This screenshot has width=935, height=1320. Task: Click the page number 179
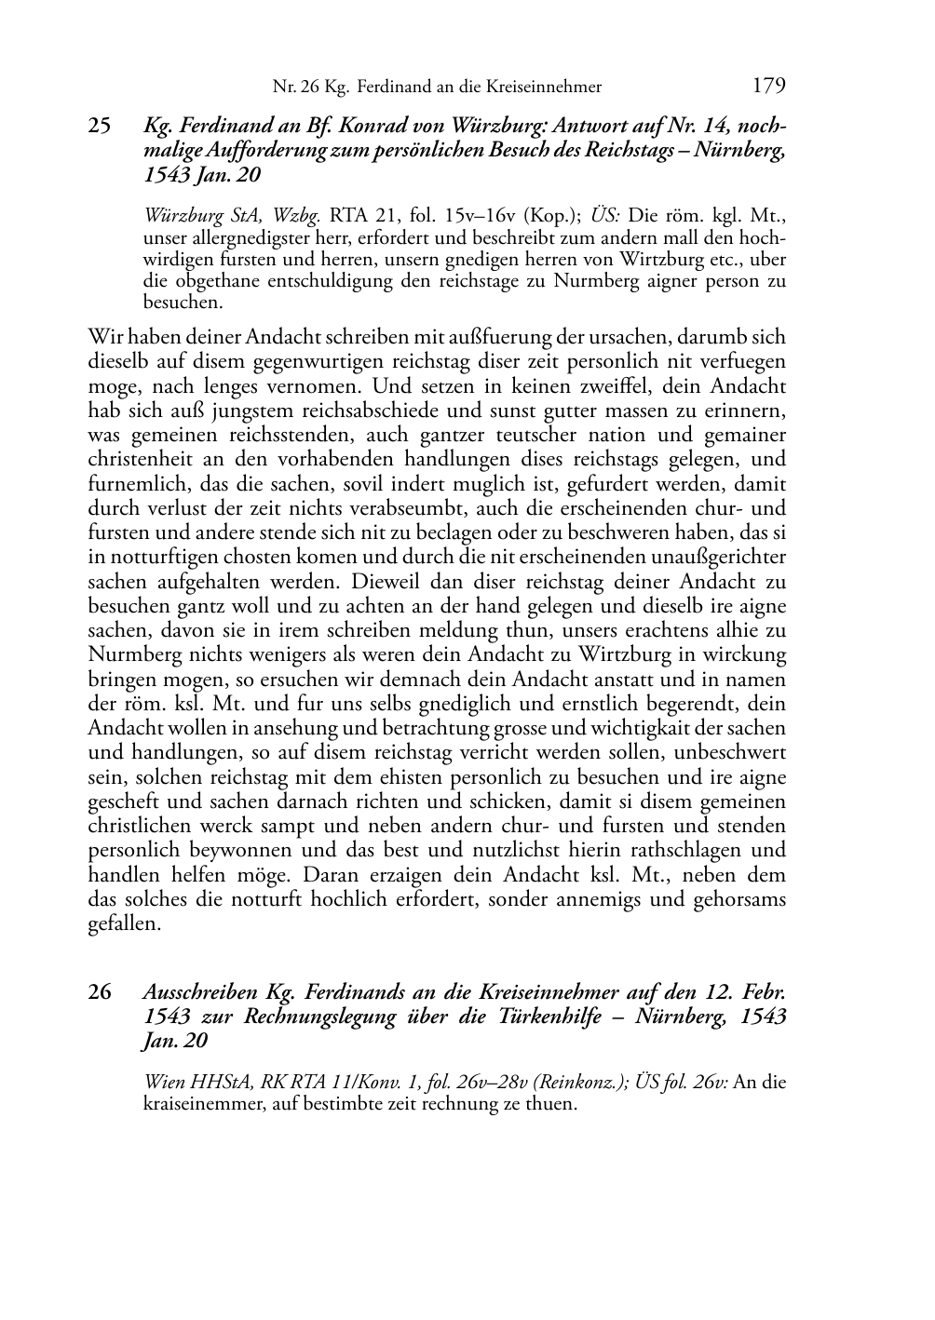pos(768,87)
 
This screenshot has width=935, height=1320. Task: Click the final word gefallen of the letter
pos(125,923)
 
